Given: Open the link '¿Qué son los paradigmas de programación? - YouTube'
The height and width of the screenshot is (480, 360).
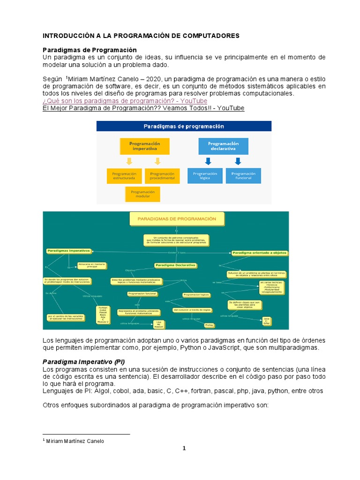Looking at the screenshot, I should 125,101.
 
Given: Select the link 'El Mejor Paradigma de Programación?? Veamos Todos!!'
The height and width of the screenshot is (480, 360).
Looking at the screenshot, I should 143,108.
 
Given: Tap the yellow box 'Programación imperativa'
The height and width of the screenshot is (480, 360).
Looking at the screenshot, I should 145,146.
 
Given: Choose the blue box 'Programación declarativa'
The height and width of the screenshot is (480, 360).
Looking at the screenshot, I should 223,146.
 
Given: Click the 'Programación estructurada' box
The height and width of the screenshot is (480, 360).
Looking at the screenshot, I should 124,176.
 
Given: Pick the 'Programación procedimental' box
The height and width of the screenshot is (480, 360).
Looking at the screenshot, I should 162,176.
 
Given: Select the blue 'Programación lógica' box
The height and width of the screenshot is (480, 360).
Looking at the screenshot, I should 205,176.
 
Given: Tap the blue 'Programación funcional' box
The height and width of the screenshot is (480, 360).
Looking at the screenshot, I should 243,176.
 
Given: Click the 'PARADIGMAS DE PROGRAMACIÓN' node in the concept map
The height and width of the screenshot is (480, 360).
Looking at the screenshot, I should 177,219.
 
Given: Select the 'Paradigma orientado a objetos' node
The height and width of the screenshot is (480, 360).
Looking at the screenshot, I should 260,253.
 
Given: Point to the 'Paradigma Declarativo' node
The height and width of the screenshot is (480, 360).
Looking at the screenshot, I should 175,265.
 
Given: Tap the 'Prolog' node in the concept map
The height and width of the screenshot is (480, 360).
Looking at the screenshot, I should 209,325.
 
